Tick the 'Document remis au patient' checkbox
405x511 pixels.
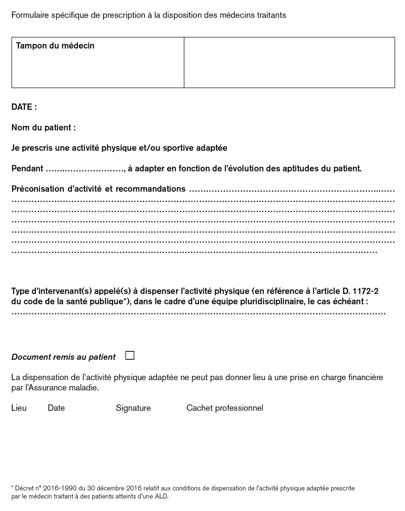pos(130,356)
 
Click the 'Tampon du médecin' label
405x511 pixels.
pos(55,46)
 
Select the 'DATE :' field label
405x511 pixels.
pos(24,107)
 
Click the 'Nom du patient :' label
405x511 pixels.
pos(44,128)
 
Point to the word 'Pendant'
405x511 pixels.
pos(27,168)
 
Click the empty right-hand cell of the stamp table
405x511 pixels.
pos(289,62)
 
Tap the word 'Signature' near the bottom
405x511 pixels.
pos(133,408)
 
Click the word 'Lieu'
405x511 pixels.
pos(19,408)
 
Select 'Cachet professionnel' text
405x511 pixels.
pos(224,408)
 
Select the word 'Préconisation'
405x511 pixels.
pos(38,189)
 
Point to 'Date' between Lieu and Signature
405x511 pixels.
pos(56,408)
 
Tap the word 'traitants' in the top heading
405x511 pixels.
pos(270,15)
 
